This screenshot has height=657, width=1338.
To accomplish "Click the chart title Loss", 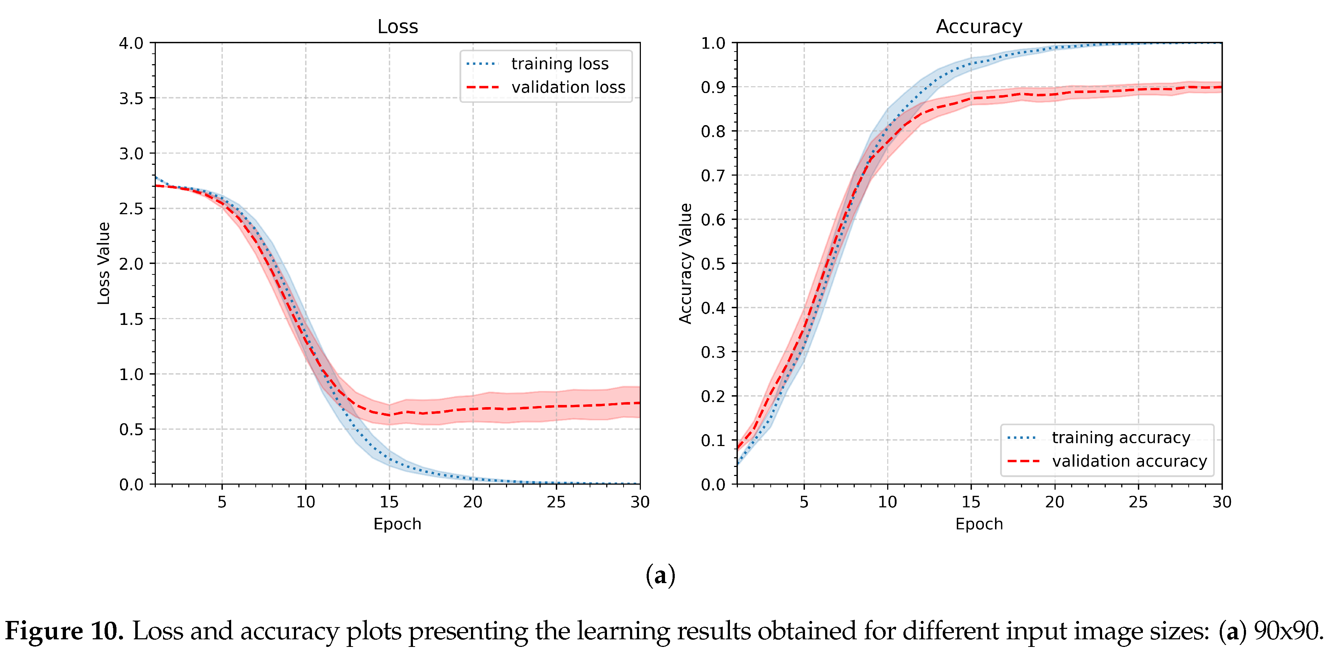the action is pyautogui.click(x=397, y=26).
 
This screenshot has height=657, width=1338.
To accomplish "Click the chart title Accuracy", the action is pyautogui.click(x=979, y=26).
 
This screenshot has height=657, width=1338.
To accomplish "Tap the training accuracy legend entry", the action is pyautogui.click(x=1099, y=438).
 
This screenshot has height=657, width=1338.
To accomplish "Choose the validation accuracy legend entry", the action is pyautogui.click(x=1107, y=461).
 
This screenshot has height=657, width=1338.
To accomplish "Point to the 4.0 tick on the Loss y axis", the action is pyautogui.click(x=131, y=43).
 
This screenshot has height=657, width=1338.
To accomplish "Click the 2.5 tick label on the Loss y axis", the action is pyautogui.click(x=131, y=209).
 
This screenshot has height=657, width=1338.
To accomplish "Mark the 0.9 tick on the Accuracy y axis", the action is pyautogui.click(x=713, y=87).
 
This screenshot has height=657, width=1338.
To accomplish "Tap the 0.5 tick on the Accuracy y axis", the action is pyautogui.click(x=713, y=264).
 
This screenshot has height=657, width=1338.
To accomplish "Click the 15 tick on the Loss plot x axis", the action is pyautogui.click(x=389, y=502).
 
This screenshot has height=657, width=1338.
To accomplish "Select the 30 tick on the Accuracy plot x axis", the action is pyautogui.click(x=1222, y=502).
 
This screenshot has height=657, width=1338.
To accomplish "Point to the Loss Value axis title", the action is pyautogui.click(x=104, y=263).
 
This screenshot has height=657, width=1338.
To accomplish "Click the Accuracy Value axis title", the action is pyautogui.click(x=686, y=263).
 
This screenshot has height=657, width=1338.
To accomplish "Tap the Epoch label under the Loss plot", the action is pyautogui.click(x=397, y=524).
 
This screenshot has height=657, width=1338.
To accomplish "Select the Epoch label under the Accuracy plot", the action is pyautogui.click(x=979, y=524).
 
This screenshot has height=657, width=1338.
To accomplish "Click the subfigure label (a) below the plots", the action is pyautogui.click(x=660, y=576).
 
